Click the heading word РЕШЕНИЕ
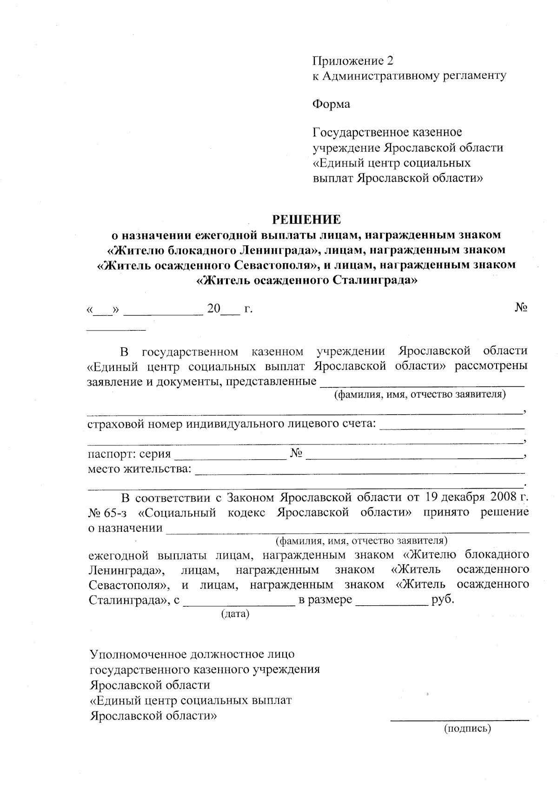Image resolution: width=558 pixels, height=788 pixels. [x=306, y=219]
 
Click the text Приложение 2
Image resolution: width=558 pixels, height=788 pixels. [x=353, y=61]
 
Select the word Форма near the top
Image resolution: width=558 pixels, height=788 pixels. [x=331, y=104]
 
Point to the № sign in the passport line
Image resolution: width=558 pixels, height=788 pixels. [x=297, y=453]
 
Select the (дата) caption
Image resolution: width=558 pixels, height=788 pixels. [x=235, y=614]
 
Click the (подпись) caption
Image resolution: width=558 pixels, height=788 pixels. [x=467, y=728]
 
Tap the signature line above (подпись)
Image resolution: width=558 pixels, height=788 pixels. [x=459, y=720]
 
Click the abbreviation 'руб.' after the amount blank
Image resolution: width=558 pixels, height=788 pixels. [x=443, y=599]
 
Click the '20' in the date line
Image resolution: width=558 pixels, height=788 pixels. [x=213, y=308]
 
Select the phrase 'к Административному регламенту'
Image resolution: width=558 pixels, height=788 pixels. [x=409, y=75]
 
